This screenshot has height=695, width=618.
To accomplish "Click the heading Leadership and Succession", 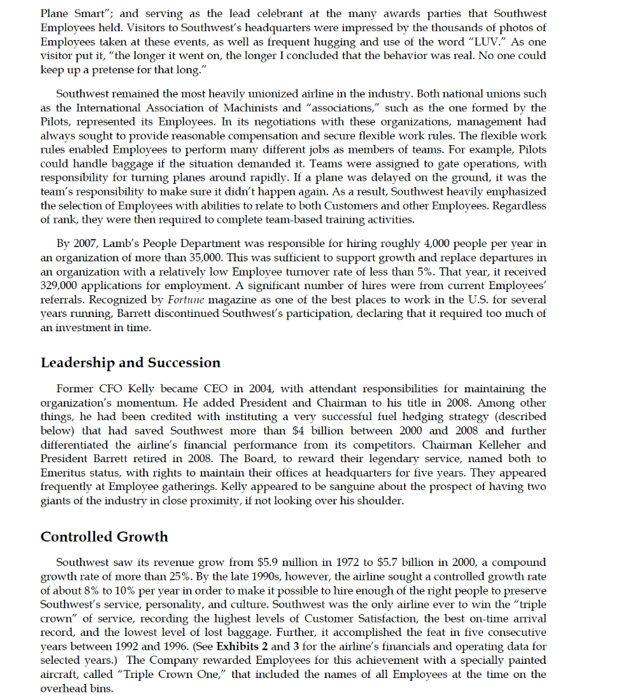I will pos(130,362).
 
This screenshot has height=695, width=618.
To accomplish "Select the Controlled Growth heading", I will pos(104,536).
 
